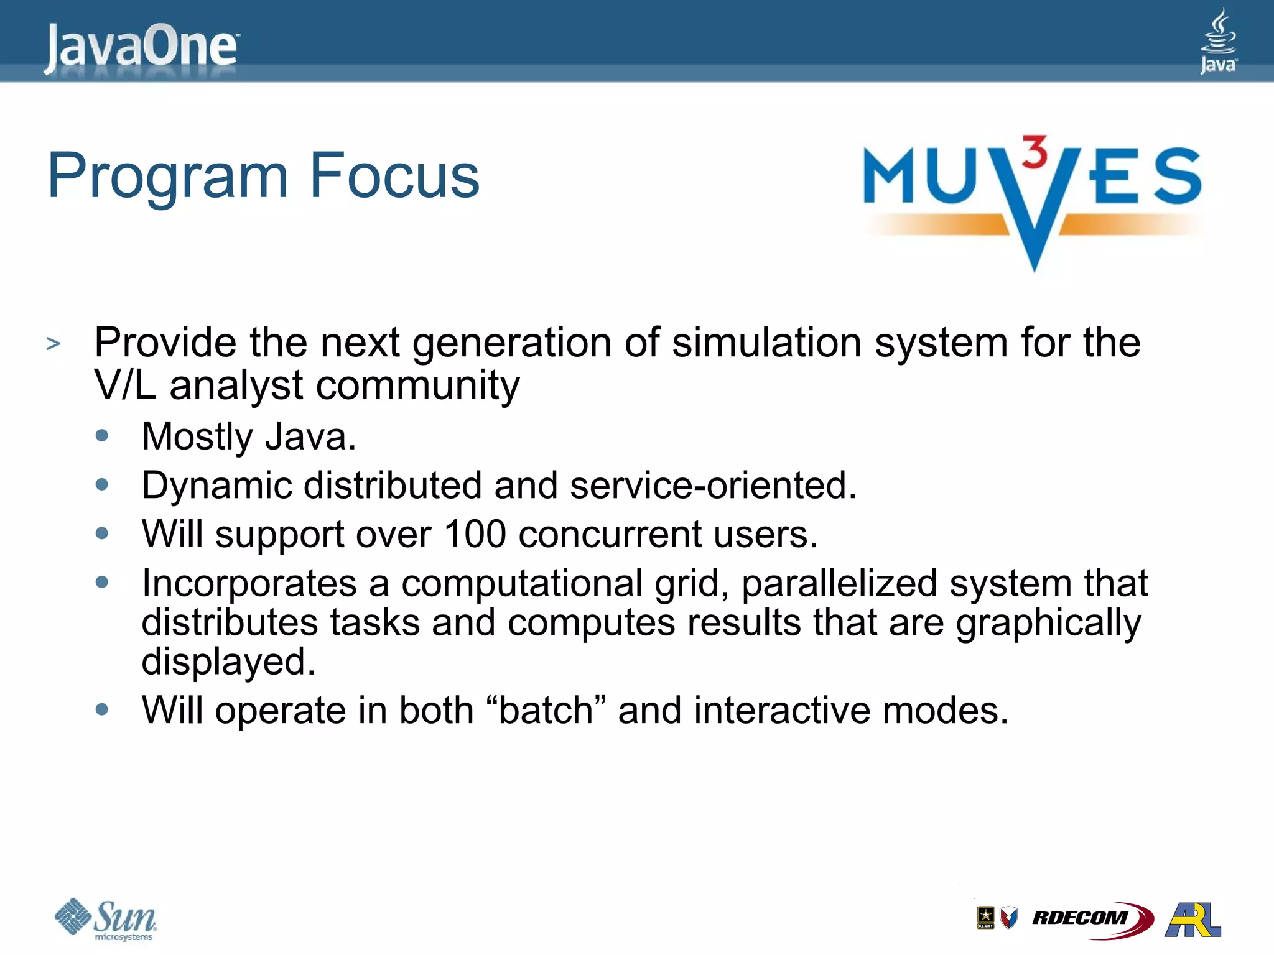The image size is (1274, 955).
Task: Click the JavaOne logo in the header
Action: [x=141, y=46]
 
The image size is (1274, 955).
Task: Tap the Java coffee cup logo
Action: [x=1217, y=40]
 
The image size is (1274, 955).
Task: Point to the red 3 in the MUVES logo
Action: [x=1035, y=152]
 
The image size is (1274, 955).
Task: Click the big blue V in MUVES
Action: [x=1033, y=211]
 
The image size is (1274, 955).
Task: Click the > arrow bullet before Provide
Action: [x=53, y=343]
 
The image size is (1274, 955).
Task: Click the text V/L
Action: [x=124, y=385]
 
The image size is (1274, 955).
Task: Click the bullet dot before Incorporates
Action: [x=102, y=582]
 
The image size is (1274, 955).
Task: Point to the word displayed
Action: [x=228, y=662]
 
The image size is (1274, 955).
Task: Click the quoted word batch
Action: [x=546, y=711]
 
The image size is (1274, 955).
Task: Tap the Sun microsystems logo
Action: [x=106, y=919]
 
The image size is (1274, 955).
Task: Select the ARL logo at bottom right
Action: [x=1193, y=919]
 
